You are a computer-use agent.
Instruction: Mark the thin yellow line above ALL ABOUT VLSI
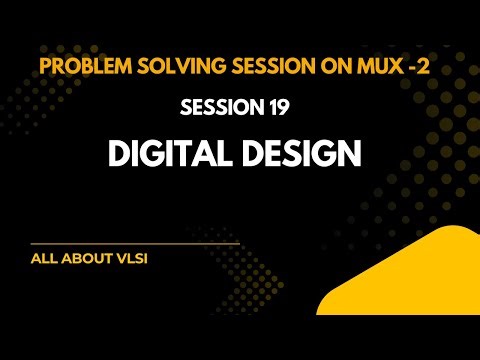[x=135, y=243]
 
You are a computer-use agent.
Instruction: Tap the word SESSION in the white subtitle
[x=226, y=107]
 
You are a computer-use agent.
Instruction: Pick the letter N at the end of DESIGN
[x=351, y=155]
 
